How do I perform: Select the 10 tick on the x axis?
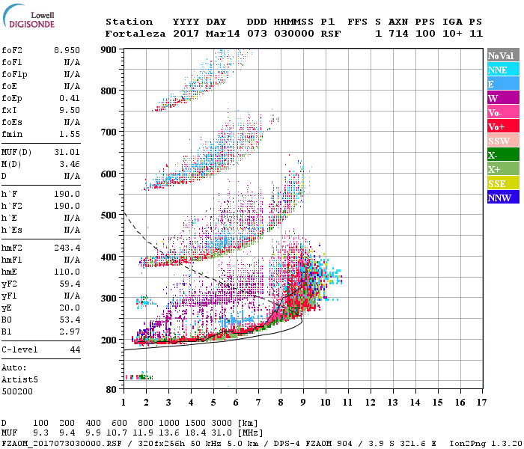point(326,403)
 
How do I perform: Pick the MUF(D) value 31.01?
point(66,153)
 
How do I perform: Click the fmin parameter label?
point(13,133)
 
